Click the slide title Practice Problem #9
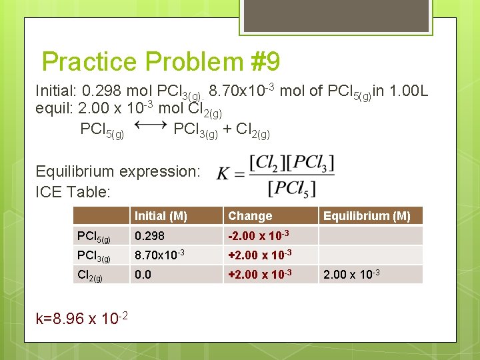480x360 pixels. click(161, 62)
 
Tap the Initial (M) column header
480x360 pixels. click(161, 215)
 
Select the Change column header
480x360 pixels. click(250, 215)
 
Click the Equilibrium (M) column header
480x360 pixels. click(367, 215)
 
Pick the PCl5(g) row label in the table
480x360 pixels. click(94, 236)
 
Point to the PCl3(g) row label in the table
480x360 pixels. click(94, 255)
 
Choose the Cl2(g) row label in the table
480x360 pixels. click(90, 274)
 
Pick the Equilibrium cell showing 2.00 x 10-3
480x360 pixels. click(352, 273)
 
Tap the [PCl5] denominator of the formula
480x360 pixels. click(291, 189)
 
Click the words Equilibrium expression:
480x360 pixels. click(117, 171)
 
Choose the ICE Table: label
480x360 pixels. click(73, 192)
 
